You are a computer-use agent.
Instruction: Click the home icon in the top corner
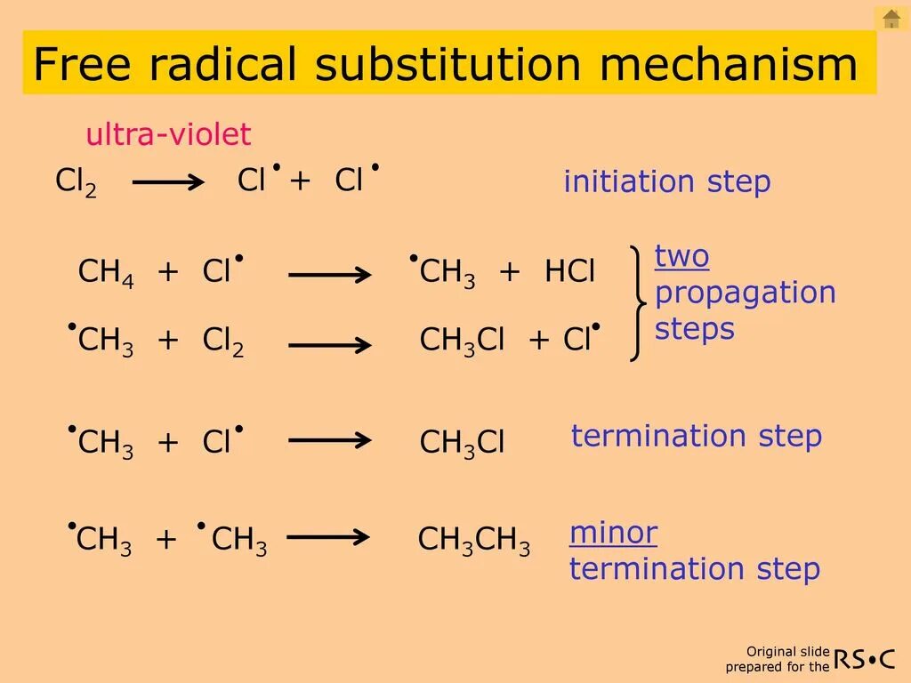click(891, 19)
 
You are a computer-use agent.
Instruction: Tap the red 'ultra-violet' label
click(168, 135)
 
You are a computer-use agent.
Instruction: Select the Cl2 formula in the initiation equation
click(76, 182)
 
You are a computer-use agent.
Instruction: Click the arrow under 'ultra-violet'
click(168, 182)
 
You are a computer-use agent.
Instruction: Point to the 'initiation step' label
click(667, 182)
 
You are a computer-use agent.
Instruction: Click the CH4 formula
click(106, 272)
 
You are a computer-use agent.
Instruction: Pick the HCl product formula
click(569, 272)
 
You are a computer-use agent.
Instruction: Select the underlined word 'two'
click(682, 257)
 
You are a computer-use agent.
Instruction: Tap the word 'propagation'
click(746, 293)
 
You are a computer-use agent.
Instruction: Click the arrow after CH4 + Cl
click(330, 275)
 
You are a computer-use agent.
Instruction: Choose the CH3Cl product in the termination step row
click(462, 442)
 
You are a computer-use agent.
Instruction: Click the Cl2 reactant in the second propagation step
click(223, 341)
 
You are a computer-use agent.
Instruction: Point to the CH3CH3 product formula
click(474, 541)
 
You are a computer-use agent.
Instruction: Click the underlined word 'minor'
click(614, 534)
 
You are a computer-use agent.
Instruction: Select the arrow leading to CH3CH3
click(328, 537)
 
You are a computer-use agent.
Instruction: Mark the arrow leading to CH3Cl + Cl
click(330, 343)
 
